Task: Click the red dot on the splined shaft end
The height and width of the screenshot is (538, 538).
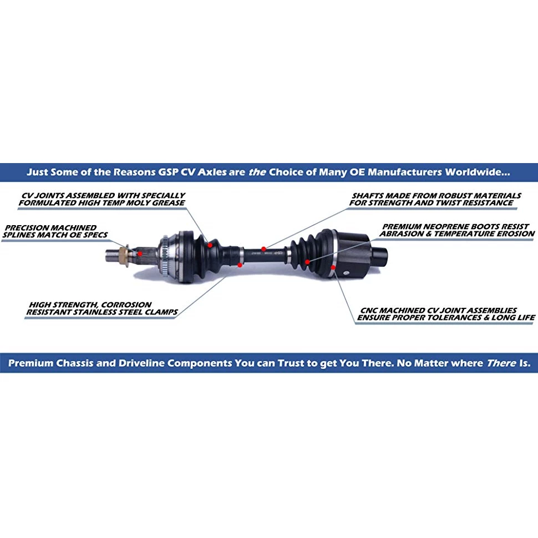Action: click(x=140, y=253)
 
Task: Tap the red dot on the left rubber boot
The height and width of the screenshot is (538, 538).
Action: click(x=210, y=242)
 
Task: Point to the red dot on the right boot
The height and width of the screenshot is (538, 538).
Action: click(x=307, y=261)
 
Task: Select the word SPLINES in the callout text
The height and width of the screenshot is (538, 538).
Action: click(x=22, y=235)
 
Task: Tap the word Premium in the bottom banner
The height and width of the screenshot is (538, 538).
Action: click(x=30, y=364)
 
